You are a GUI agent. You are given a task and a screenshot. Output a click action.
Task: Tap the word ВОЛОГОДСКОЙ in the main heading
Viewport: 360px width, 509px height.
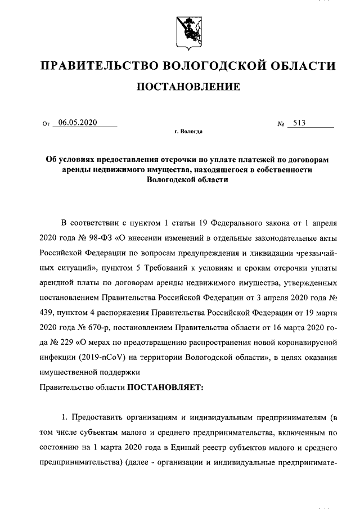[218, 66]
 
